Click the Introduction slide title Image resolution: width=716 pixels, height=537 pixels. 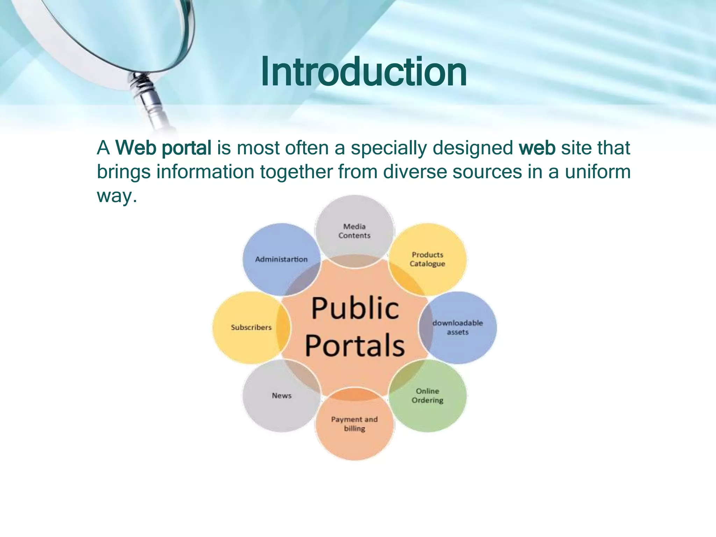point(364,72)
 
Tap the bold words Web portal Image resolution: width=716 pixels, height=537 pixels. point(163,148)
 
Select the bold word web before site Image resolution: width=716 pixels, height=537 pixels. point(537,148)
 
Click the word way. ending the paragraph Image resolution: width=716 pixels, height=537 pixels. point(116,196)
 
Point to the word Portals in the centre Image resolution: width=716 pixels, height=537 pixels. point(355,345)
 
